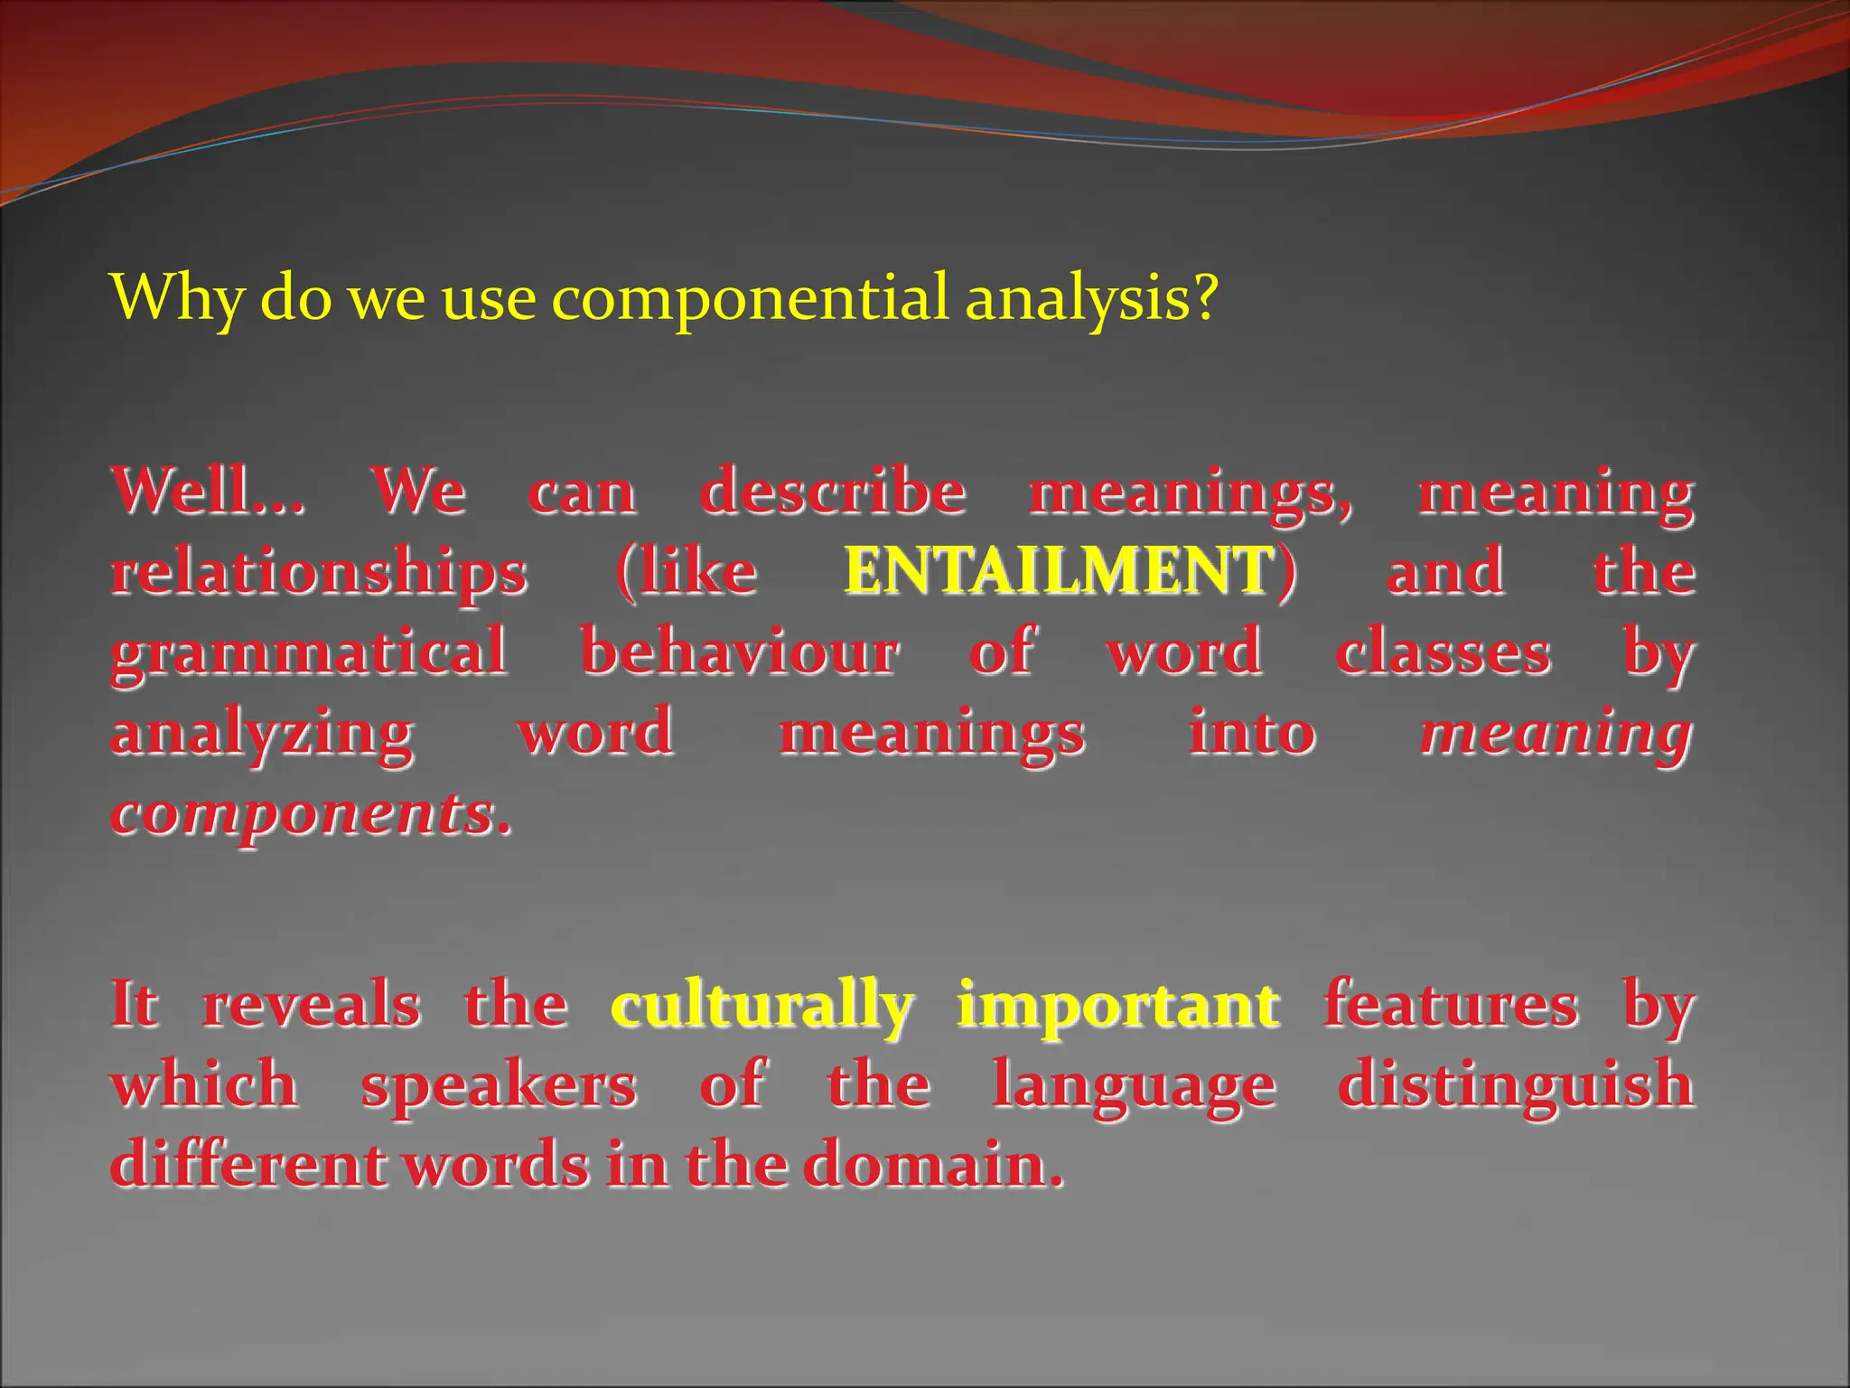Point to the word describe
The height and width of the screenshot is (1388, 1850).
pos(833,492)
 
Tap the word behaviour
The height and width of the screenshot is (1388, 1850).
pos(739,652)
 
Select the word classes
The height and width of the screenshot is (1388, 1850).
pos(1443,652)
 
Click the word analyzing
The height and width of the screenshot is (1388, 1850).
pos(262,734)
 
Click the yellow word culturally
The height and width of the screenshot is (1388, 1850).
pos(761,1007)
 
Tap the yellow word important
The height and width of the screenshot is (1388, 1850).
pos(1117,1007)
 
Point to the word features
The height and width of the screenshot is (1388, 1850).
pos(1451,1005)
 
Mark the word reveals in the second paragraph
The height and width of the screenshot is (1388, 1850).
pos(312,1007)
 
